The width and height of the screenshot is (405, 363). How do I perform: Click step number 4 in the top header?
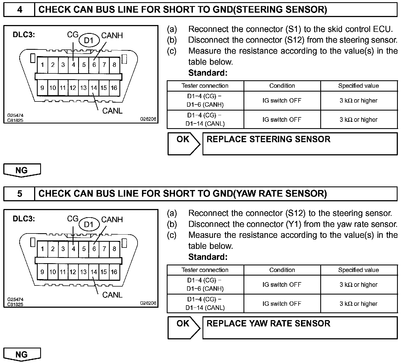(x=20, y=10)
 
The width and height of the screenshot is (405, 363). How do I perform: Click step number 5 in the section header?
(x=20, y=194)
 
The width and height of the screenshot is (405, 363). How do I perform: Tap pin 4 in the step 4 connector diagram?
(x=73, y=65)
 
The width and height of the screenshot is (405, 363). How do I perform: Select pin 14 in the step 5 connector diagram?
(x=94, y=272)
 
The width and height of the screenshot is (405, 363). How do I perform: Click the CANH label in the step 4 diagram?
(x=112, y=35)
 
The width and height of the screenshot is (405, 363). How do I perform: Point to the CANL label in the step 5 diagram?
(x=112, y=295)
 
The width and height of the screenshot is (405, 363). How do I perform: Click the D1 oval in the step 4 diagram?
(x=89, y=41)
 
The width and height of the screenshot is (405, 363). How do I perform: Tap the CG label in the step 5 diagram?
(x=73, y=219)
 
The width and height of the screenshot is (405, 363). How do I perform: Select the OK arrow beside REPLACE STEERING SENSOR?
(x=184, y=143)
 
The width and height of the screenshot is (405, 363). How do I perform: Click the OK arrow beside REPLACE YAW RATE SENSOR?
(x=184, y=327)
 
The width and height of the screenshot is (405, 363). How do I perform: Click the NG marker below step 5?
(x=22, y=354)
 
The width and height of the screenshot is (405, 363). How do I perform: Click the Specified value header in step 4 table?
(x=359, y=86)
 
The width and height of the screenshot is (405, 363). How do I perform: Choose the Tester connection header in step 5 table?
(x=205, y=270)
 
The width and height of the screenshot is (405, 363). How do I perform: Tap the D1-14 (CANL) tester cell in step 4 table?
(x=205, y=119)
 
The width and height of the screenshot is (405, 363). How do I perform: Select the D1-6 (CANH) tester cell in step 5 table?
(x=205, y=285)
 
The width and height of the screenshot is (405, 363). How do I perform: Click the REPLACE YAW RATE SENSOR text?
(x=268, y=323)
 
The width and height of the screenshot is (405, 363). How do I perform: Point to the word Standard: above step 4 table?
(x=208, y=73)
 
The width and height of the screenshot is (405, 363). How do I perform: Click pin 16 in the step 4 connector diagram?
(x=114, y=88)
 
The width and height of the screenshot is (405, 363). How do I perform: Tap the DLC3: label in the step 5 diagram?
(x=24, y=219)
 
